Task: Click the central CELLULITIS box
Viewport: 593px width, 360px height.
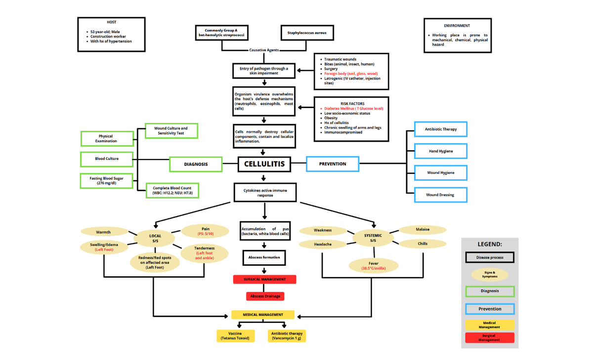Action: click(264, 164)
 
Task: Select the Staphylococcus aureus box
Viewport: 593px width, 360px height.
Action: click(307, 33)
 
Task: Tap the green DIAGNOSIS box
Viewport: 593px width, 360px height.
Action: click(196, 164)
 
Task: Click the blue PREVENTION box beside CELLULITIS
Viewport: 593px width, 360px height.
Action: click(333, 164)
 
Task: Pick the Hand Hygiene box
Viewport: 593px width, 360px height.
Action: click(440, 151)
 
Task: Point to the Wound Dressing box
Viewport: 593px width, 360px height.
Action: click(440, 195)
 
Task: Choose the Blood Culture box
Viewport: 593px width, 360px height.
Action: click(107, 159)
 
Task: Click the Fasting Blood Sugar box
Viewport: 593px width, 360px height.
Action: click(107, 181)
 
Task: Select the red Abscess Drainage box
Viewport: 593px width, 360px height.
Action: click(265, 296)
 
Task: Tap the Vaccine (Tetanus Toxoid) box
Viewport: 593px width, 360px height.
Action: click(236, 336)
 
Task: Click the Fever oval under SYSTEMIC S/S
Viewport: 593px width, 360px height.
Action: click(373, 266)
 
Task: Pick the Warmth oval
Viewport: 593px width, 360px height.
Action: click(103, 232)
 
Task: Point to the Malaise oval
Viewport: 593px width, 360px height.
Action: click(423, 230)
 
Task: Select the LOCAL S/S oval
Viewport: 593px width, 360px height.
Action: click(155, 238)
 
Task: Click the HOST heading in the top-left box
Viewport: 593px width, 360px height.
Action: click(112, 22)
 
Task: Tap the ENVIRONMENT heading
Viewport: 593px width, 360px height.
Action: click(457, 26)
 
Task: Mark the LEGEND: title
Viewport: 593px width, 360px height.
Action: click(489, 244)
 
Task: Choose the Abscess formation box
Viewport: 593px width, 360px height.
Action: click(264, 257)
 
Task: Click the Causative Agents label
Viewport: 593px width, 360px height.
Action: click(264, 50)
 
